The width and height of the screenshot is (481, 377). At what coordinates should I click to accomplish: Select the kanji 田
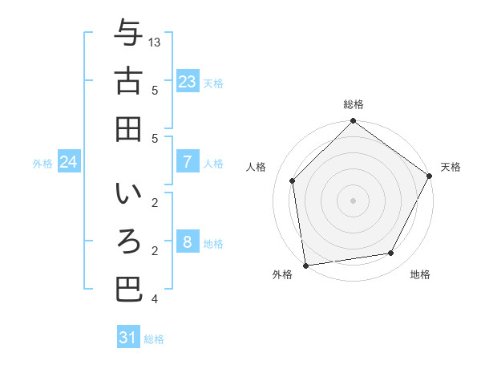click(129, 128)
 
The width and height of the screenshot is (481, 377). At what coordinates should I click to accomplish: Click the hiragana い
click(129, 194)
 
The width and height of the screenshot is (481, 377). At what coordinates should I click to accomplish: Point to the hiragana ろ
click(129, 242)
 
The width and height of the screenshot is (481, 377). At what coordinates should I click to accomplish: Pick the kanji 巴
click(129, 290)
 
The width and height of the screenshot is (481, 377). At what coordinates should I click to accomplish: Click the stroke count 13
click(156, 42)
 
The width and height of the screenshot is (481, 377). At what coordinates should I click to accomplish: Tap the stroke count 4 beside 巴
click(154, 299)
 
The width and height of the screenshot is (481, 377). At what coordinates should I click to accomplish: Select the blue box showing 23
click(188, 81)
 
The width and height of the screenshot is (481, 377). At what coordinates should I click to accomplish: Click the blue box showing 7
click(188, 161)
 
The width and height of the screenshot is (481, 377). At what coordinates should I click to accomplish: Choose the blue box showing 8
click(188, 242)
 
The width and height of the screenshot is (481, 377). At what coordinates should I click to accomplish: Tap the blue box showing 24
click(69, 162)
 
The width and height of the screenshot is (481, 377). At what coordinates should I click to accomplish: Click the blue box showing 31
click(128, 338)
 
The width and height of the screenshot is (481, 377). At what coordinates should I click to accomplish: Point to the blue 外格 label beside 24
click(42, 163)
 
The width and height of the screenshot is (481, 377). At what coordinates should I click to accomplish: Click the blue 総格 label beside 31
click(154, 339)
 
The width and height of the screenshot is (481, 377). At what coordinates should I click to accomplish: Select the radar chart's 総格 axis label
click(354, 104)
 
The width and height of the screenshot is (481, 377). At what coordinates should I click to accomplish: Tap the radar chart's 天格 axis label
click(451, 167)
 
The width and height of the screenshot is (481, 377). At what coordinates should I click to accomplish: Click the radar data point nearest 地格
click(391, 253)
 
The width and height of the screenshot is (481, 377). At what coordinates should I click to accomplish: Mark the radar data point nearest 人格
click(293, 180)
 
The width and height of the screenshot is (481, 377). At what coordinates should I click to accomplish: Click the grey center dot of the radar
click(354, 200)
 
